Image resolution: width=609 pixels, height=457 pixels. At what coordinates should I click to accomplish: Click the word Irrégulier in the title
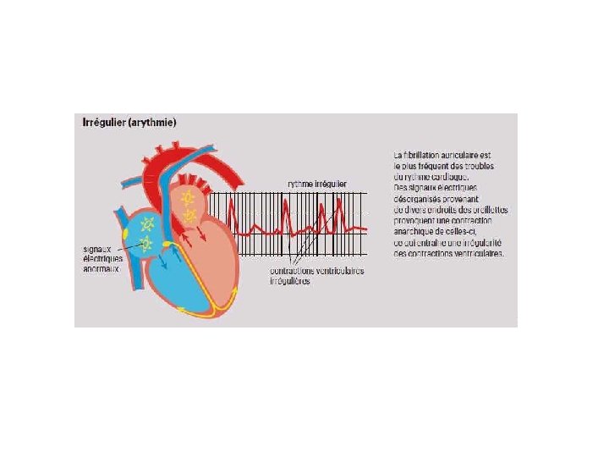(x=101, y=122)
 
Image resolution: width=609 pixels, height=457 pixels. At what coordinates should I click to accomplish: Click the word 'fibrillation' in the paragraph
(x=428, y=155)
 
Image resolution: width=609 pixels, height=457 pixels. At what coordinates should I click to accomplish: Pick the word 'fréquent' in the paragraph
(x=439, y=166)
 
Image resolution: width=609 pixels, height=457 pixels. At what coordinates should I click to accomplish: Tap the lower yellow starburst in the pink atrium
(x=191, y=216)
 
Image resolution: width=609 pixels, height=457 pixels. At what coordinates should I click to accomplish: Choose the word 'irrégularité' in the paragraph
(x=478, y=243)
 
